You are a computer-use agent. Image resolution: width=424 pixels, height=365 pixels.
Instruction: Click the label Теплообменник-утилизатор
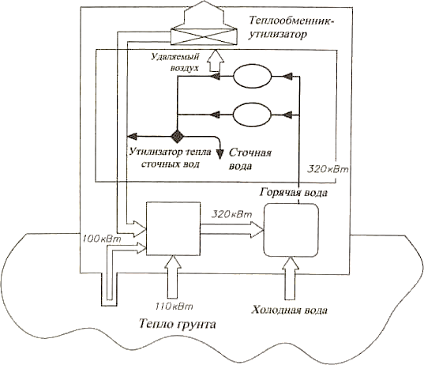(x=291, y=28)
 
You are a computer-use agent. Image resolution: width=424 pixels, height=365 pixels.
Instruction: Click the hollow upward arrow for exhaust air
(x=216, y=60)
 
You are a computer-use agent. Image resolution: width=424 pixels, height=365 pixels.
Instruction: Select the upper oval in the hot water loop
(x=252, y=76)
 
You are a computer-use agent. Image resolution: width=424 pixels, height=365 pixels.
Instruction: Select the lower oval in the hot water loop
(x=252, y=115)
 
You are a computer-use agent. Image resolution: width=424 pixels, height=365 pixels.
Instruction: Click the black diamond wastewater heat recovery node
(x=177, y=136)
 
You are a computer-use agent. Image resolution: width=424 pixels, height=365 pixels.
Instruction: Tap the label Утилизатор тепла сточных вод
(x=171, y=158)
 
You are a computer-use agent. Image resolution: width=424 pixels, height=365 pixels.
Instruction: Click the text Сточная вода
(x=250, y=160)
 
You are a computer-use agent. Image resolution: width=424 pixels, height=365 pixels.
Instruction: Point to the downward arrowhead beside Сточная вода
(x=220, y=154)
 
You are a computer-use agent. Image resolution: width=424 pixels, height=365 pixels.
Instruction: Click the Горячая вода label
(x=294, y=193)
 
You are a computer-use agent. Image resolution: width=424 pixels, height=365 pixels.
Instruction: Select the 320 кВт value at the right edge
(x=328, y=169)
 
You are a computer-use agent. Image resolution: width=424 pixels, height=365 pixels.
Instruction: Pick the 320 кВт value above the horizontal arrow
(x=231, y=214)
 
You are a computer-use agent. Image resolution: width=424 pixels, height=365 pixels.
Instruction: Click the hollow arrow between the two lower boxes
(x=232, y=230)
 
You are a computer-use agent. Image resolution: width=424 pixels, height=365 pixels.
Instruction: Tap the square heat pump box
(x=174, y=228)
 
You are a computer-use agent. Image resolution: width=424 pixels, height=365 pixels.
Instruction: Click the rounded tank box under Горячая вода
(x=291, y=230)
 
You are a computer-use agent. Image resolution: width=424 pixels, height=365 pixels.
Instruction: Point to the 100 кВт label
(x=102, y=239)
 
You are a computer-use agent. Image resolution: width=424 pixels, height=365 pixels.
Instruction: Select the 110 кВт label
(x=174, y=307)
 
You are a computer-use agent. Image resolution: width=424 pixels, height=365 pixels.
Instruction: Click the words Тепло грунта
(x=178, y=324)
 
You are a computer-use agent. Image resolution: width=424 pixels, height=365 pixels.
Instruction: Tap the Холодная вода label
(x=289, y=310)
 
